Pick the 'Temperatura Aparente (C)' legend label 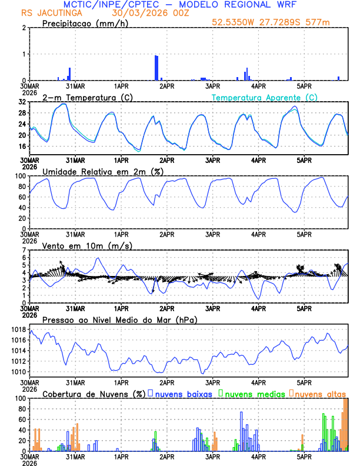tap(265, 97)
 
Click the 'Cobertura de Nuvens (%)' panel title tap(94, 394)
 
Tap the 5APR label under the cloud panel tap(304, 456)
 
